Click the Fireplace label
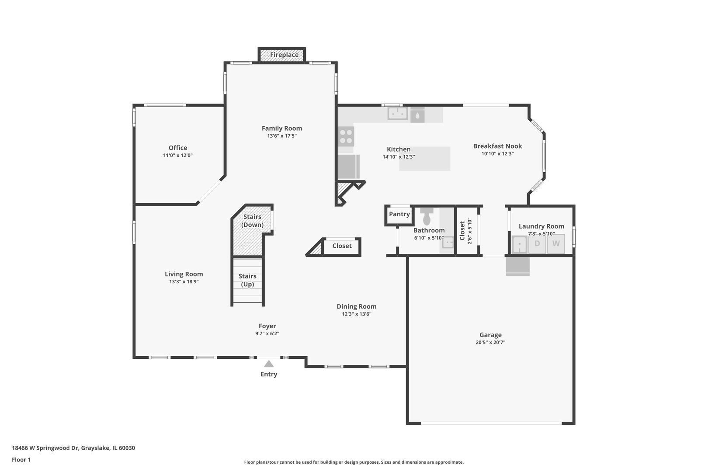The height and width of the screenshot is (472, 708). [x=284, y=55]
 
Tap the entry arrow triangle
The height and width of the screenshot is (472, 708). [x=269, y=364]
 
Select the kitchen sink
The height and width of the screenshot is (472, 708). [x=398, y=114]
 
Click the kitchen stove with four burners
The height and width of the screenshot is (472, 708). [x=346, y=136]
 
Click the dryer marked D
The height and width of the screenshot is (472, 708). [x=537, y=244]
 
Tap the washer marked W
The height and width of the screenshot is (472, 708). [x=556, y=244]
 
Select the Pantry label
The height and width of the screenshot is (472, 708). [x=399, y=214]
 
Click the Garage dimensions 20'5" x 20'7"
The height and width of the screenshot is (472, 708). [x=490, y=342]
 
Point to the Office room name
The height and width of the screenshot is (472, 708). [x=177, y=148]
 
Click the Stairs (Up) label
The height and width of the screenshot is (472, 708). [x=247, y=280]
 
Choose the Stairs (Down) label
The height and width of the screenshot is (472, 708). [x=252, y=221]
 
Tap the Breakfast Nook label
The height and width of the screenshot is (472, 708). [x=497, y=146]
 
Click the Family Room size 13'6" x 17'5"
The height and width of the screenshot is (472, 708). [x=282, y=136]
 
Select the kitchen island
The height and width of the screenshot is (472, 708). [x=424, y=159]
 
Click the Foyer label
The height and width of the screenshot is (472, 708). [x=267, y=326]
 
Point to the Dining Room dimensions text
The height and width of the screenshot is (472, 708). [x=357, y=314]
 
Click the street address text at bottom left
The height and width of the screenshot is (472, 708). [x=73, y=448]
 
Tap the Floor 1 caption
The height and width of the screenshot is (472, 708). [x=21, y=460]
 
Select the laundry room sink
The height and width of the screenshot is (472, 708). [x=519, y=244]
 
